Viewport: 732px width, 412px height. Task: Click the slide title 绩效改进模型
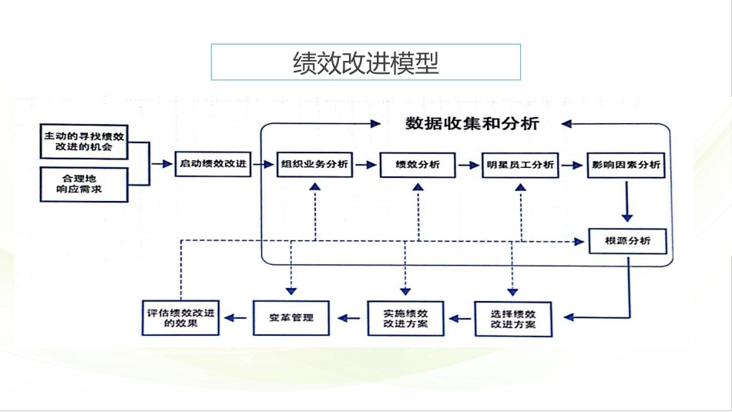[x=366, y=62]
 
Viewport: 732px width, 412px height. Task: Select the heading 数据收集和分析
[x=472, y=124]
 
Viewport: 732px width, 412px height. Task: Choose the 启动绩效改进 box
[x=213, y=164]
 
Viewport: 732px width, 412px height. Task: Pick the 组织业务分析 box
[x=314, y=165]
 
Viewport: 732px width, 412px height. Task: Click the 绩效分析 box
[x=418, y=165]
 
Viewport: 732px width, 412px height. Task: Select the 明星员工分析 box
[x=520, y=165]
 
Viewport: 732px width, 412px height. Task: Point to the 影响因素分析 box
[x=626, y=165]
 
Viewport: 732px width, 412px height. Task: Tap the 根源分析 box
[x=628, y=241]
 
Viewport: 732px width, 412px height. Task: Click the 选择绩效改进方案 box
[x=512, y=319]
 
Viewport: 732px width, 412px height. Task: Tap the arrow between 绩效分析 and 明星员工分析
[x=468, y=165]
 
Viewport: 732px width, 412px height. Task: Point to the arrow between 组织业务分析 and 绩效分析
[x=366, y=165]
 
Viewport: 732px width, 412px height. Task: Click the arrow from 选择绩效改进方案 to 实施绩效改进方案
[x=460, y=318]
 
